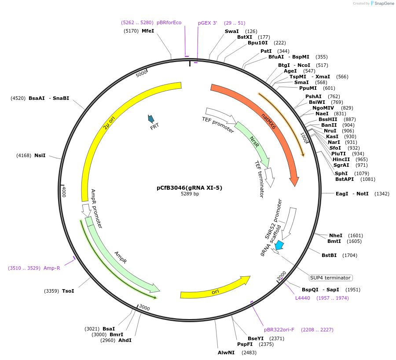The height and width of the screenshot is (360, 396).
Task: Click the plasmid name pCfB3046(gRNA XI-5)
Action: point(190,187)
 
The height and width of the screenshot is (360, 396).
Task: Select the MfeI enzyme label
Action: point(148,31)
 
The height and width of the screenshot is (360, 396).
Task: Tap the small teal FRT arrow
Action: point(151,118)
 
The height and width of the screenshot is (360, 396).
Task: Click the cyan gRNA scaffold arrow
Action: point(279,246)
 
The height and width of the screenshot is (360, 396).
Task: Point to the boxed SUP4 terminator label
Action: point(330,278)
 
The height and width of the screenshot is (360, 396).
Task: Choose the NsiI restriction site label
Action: point(40,155)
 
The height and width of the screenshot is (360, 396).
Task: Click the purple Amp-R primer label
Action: point(51,268)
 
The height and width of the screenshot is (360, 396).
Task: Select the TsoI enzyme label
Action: point(68,291)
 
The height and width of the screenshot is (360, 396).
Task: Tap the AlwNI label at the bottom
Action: point(226,353)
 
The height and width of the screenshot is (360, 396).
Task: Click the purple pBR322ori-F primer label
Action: point(279,330)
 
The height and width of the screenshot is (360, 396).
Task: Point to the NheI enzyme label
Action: point(336,235)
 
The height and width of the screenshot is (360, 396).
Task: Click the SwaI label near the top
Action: point(232,31)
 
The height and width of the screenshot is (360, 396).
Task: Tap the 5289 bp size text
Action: point(190,194)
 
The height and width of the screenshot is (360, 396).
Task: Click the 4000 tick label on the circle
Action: point(64,191)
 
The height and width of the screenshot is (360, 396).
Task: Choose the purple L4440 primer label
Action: point(303,298)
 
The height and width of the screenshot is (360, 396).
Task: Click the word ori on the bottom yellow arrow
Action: point(215,292)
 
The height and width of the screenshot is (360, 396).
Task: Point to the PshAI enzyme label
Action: point(313,96)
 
